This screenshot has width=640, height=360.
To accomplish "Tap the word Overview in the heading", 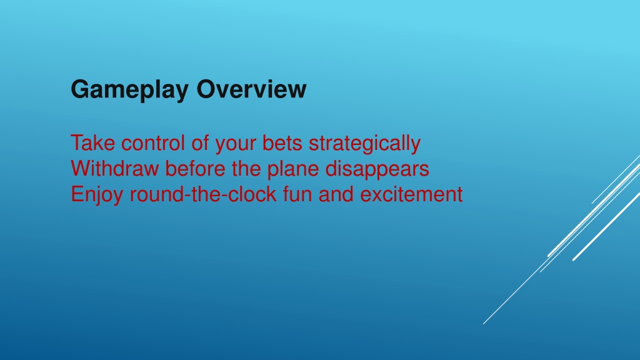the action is coord(251,89).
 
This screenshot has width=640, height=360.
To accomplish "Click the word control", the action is coord(153,143).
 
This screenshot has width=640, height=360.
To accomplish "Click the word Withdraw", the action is coord(115,168).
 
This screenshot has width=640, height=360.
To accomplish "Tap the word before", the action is coord(195,168).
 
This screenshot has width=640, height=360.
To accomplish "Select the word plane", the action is coord(293,169).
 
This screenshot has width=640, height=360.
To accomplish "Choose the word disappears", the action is coord(377,169).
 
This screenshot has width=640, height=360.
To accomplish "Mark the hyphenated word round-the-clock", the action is coord(203,194).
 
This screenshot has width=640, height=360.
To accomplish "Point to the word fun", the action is coord(297,194).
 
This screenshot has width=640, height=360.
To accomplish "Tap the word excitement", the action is coord(411,194).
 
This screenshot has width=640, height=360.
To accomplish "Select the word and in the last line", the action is coord(336,194).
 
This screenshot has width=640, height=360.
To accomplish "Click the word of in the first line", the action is coord(200,143).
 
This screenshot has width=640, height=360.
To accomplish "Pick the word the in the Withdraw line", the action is coord(246,168).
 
